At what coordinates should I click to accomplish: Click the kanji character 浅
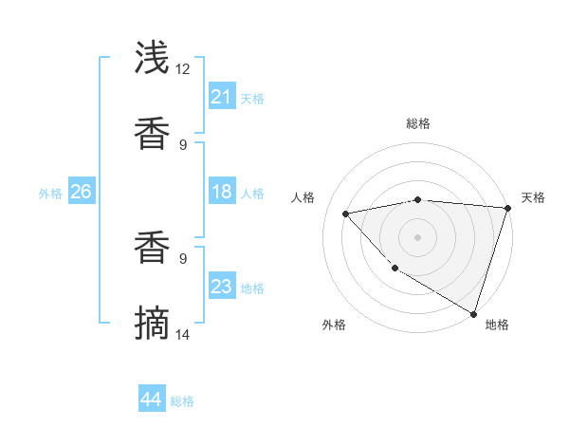click(153, 58)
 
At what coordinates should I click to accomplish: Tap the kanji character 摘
click(153, 324)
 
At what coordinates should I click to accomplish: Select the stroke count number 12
click(183, 69)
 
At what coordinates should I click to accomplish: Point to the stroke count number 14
click(183, 334)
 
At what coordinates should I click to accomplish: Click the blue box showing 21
click(221, 97)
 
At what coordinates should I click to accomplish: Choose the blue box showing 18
click(221, 192)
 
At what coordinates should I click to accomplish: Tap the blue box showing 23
click(221, 287)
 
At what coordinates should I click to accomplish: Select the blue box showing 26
click(81, 192)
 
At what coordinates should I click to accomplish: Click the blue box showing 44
click(151, 400)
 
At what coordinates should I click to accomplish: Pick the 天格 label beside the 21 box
click(252, 99)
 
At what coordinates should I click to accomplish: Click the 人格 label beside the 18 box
click(252, 194)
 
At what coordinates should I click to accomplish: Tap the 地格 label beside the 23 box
click(252, 288)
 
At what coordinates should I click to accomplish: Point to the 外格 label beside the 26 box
click(50, 194)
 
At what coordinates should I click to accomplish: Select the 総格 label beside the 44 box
click(182, 401)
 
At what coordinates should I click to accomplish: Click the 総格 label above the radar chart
click(418, 123)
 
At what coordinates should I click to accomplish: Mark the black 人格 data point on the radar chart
click(346, 214)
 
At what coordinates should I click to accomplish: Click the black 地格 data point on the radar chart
click(473, 313)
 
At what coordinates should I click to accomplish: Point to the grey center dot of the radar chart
click(417, 236)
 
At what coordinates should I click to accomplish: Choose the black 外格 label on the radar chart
click(334, 325)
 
